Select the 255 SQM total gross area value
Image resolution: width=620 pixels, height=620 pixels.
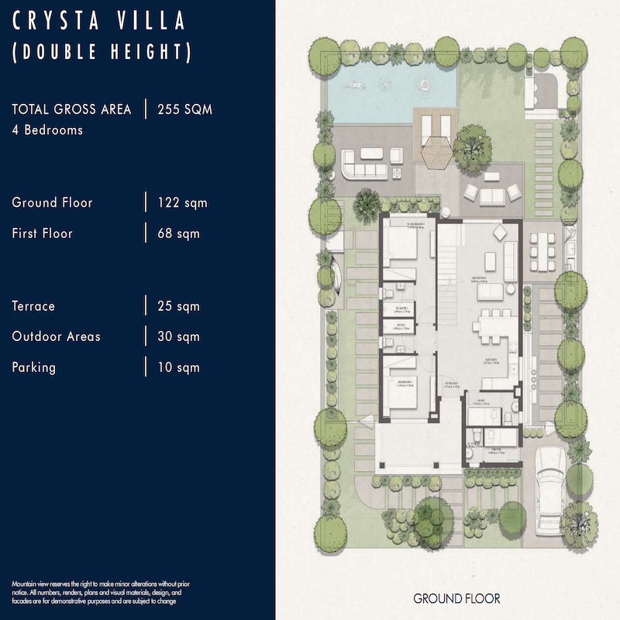coord(184,109)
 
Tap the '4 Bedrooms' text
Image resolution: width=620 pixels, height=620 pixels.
coord(47,130)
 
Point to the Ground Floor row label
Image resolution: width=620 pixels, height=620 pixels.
coord(52,203)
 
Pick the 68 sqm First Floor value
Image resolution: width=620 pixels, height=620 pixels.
coord(177,233)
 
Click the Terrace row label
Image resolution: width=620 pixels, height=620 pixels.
coord(33,306)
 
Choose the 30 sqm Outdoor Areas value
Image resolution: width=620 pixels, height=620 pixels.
coord(178,336)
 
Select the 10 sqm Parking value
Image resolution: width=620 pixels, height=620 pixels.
coord(178,367)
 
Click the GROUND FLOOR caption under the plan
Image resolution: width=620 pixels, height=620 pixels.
coord(456,598)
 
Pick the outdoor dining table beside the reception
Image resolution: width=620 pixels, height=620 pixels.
coord(542,250)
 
